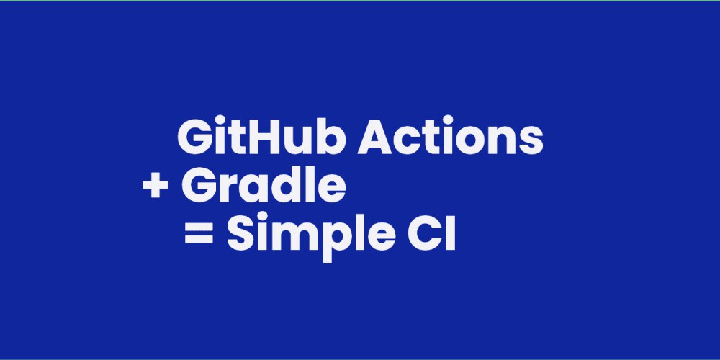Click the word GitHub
point(261,136)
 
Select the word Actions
point(451,137)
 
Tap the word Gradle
point(264,185)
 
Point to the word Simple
point(311,236)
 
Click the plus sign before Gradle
point(156,187)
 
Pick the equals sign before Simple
point(199,234)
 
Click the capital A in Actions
point(376,137)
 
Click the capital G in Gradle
point(199,186)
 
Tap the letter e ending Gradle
point(332,189)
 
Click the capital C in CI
point(426,234)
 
